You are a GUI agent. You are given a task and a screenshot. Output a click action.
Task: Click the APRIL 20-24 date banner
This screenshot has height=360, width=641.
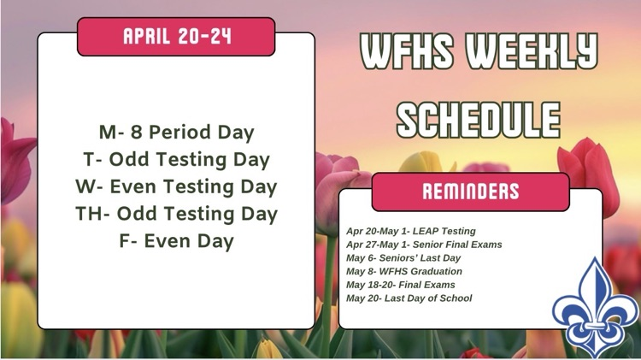click(176, 37)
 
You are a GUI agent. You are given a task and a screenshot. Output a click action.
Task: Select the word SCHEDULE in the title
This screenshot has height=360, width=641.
click(479, 119)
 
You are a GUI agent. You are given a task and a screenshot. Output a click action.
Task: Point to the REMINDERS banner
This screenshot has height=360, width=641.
click(470, 192)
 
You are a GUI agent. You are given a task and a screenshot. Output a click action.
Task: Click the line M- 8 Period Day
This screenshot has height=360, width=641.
click(176, 133)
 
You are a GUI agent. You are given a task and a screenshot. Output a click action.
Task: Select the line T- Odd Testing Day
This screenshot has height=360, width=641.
click(176, 159)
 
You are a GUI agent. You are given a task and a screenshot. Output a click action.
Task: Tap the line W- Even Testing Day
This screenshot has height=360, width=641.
click(176, 186)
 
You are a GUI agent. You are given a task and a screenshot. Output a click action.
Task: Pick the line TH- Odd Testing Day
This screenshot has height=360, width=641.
click(176, 214)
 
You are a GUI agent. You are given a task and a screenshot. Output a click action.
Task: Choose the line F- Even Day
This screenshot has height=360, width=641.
click(176, 241)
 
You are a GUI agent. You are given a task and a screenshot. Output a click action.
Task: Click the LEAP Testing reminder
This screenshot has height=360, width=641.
click(411, 231)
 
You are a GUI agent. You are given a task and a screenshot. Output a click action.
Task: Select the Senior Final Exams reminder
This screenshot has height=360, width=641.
click(424, 245)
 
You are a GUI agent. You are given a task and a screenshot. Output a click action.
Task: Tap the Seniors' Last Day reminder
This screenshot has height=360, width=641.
click(403, 258)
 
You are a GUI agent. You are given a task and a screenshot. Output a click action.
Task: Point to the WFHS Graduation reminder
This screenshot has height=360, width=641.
click(404, 271)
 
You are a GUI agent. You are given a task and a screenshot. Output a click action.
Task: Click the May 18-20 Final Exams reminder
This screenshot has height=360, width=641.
click(401, 285)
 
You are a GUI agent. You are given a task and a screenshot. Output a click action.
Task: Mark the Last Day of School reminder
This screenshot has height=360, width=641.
click(409, 298)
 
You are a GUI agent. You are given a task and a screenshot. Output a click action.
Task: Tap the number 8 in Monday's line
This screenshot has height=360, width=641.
click(136, 133)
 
